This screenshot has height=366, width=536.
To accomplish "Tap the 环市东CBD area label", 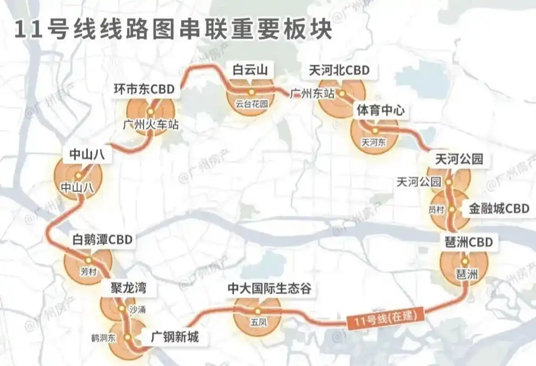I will tap(144, 89).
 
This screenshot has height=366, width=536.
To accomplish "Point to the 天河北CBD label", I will tap(339, 70).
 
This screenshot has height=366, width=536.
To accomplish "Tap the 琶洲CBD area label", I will tap(469, 242).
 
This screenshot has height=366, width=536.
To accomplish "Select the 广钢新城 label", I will tap(175, 338).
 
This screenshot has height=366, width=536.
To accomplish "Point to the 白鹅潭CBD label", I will tap(102, 239).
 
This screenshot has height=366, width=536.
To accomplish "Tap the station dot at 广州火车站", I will tap(150, 112).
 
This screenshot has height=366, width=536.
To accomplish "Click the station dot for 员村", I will tap(451, 210).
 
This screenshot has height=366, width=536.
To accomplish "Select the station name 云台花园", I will tap(251, 103).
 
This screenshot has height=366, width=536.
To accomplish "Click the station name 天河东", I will tap(373, 142).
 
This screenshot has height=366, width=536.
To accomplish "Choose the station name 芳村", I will tap(88, 272).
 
